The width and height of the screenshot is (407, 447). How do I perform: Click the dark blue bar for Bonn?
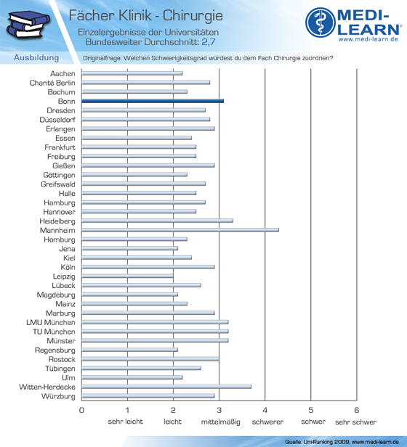tap(153, 101)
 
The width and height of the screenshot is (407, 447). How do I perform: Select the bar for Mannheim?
tap(180, 230)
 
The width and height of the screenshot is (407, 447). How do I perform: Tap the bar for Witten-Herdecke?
tap(166, 387)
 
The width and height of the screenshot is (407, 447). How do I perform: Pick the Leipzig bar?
tap(127, 276)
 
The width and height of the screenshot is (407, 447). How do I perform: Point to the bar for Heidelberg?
tap(158, 221)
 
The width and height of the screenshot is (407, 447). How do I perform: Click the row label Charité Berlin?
tap(52, 83)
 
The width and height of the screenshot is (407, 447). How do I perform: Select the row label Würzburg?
tap(58, 396)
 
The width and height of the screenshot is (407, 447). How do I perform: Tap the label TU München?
tap(54, 332)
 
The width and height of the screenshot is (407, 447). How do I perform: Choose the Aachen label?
tap(63, 73)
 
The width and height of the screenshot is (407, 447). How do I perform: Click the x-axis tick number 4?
tap(265, 410)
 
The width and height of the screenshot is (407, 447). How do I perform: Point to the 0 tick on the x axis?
tap(81, 410)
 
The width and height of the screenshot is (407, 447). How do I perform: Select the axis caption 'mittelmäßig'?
tap(220, 422)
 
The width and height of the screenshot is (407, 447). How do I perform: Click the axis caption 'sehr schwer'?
tap(356, 422)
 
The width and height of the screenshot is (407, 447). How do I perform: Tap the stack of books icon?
tap(28, 24)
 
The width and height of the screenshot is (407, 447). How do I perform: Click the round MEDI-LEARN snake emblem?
tap(321, 22)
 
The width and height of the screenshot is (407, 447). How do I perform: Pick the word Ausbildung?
tap(36, 57)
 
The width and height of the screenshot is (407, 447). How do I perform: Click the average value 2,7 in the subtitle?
tap(209, 42)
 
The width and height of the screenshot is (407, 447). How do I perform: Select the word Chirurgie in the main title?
tap(193, 16)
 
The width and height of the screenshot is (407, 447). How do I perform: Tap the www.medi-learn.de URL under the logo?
tap(368, 39)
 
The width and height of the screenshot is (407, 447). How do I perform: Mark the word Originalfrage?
tap(102, 58)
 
